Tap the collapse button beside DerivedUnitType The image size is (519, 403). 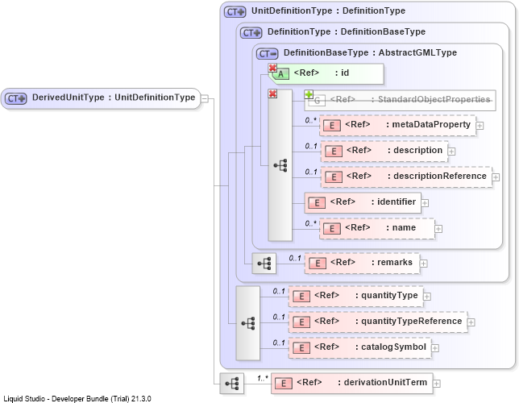pyautogui.click(x=205, y=98)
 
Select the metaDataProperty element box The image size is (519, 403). pyautogui.click(x=397, y=125)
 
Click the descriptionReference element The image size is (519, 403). pyautogui.click(x=406, y=177)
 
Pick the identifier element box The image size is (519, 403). pyautogui.click(x=363, y=202)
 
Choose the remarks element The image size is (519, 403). pyautogui.click(x=362, y=264)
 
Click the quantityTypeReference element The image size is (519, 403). pyautogui.click(x=378, y=322)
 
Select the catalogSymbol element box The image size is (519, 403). pyautogui.click(x=359, y=347)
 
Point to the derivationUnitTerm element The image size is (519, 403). pyautogui.click(x=352, y=383)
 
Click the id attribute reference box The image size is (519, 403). pyautogui.click(x=328, y=73)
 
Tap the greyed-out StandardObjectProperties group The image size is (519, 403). pyautogui.click(x=400, y=100)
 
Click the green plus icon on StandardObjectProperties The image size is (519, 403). pyautogui.click(x=309, y=95)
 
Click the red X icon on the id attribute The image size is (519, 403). pyautogui.click(x=272, y=68)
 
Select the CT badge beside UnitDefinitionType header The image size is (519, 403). pyautogui.click(x=235, y=12)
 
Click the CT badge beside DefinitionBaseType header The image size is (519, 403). pyautogui.click(x=267, y=54)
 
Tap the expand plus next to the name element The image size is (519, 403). pyautogui.click(x=438, y=229)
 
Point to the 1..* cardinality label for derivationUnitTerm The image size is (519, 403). pyautogui.click(x=263, y=378)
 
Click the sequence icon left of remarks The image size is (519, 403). pyautogui.click(x=264, y=264)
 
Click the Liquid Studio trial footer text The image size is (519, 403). pyautogui.click(x=77, y=398)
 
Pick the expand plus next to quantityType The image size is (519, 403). pyautogui.click(x=427, y=297)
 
